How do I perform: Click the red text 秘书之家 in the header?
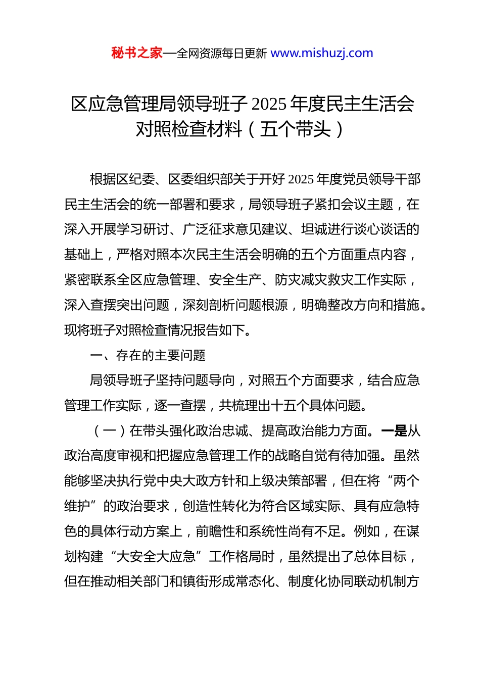click(136, 53)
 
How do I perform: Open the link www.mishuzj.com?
click(322, 53)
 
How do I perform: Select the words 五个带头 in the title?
click(295, 129)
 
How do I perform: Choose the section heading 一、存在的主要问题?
click(148, 356)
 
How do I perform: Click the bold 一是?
click(394, 431)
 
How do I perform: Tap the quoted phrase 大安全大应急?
click(156, 557)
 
